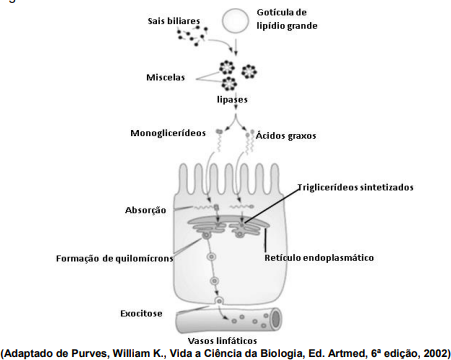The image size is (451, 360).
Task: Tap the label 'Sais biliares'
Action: pyautogui.click(x=174, y=21)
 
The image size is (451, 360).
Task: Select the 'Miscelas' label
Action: pyautogui.click(x=165, y=77)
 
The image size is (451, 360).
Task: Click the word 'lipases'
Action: pyautogui.click(x=232, y=99)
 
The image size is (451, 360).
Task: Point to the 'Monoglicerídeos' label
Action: pyautogui.click(x=168, y=133)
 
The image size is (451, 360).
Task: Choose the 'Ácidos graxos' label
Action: pyautogui.click(x=286, y=136)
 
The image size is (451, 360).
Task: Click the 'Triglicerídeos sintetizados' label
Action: pyautogui.click(x=355, y=187)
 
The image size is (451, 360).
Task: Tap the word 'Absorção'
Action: pyautogui.click(x=145, y=210)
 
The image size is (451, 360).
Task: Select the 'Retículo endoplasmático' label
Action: pyautogui.click(x=319, y=258)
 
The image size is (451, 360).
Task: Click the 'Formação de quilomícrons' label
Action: pyautogui.click(x=115, y=258)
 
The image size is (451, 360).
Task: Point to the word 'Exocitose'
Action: pyautogui.click(x=141, y=313)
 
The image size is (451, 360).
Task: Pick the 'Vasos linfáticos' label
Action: pyautogui.click(x=222, y=341)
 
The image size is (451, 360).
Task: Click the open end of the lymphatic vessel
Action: pyautogui.click(x=276, y=319)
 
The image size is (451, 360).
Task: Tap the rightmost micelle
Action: pyautogui.click(x=249, y=71)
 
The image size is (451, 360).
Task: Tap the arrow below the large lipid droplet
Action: pyautogui.click(x=236, y=47)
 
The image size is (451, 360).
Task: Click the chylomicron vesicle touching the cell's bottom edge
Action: pyautogui.click(x=219, y=301)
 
